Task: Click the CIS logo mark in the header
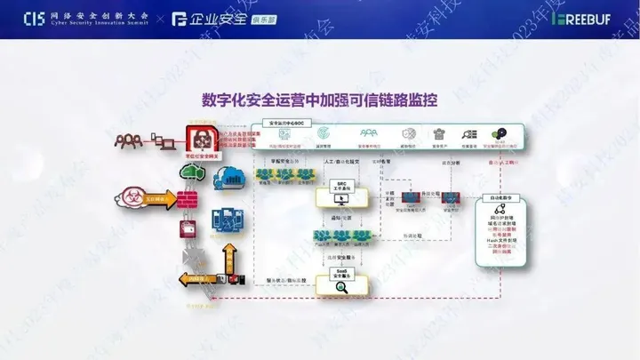[33, 17]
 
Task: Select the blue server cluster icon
[222, 220]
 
